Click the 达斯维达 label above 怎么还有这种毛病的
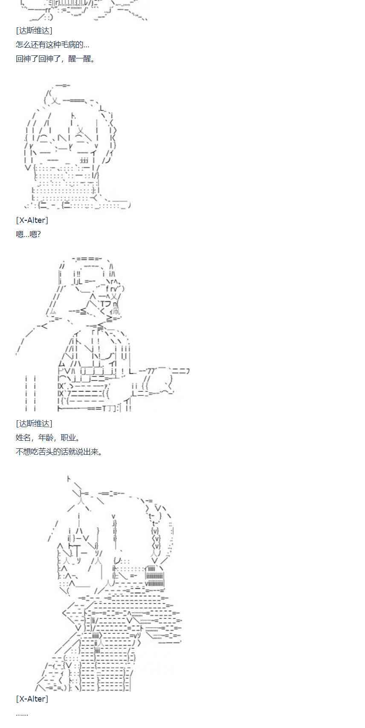34,31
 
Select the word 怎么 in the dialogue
23,44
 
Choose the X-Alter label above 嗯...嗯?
32,220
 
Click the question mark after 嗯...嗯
38,234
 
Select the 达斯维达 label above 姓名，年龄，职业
34,424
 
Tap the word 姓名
23,437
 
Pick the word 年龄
46,437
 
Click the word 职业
68,437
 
